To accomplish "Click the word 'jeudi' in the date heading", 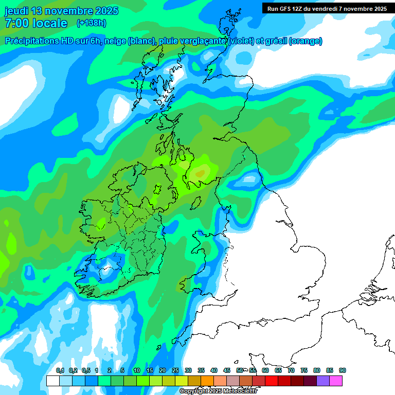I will (x=16, y=11).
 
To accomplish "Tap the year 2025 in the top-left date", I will (x=105, y=11).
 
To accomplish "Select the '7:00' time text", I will (x=15, y=23).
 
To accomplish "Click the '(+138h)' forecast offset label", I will (x=91, y=23).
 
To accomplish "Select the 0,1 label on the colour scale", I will (x=60, y=371).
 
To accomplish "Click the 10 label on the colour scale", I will (x=136, y=371).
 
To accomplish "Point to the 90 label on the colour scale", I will (x=342, y=371).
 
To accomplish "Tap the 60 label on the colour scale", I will (x=265, y=371).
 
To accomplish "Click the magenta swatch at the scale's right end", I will (x=336, y=381).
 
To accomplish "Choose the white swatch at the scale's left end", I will (x=52, y=381).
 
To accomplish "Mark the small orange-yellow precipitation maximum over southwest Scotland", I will (x=200, y=173).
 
